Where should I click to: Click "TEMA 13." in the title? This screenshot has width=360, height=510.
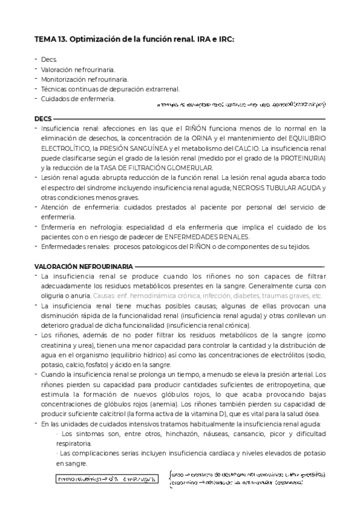(51, 39)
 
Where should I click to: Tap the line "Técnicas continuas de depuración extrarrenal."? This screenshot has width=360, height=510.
(110, 88)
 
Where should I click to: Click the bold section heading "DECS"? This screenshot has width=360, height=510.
(43, 118)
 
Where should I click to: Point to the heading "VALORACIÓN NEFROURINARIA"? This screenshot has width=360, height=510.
(84, 265)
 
